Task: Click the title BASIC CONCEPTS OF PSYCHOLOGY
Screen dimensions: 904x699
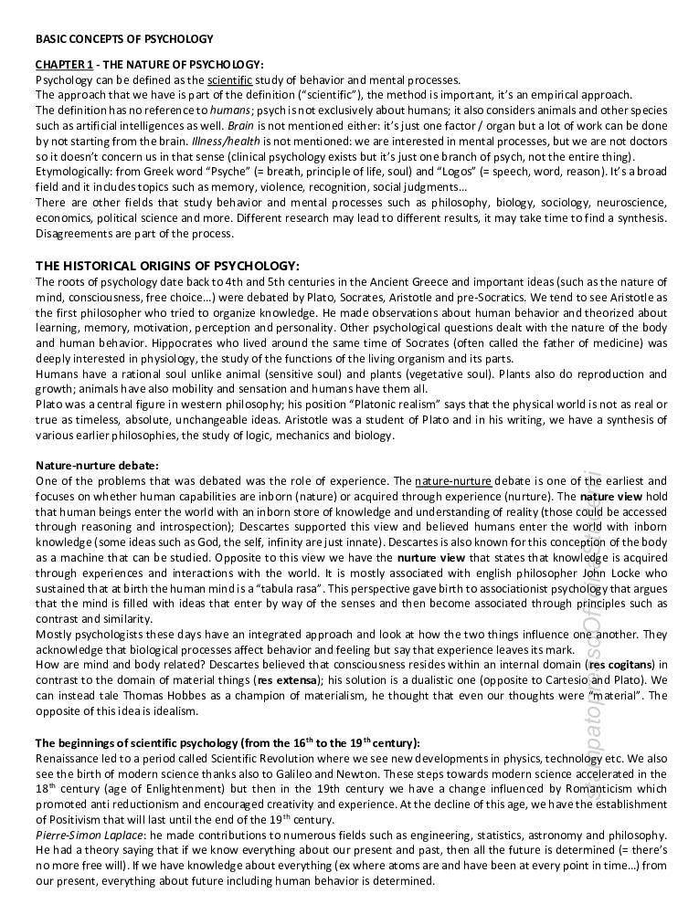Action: point(124,39)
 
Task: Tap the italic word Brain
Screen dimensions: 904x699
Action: point(241,123)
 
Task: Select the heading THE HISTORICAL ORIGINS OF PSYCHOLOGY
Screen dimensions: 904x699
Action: point(167,265)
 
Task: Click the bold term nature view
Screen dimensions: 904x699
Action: point(612,496)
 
